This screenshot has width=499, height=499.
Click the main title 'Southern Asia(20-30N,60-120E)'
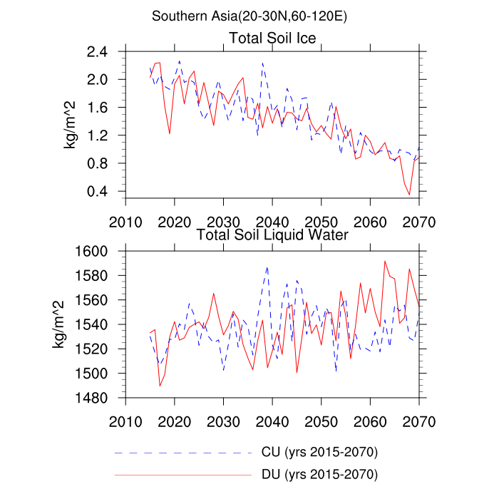(x=249, y=16)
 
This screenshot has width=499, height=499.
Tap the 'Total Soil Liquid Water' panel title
(x=272, y=235)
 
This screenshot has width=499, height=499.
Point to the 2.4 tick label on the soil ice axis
(x=100, y=52)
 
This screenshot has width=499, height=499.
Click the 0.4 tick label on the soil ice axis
(x=100, y=192)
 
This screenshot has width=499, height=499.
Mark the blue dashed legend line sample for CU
(x=183, y=453)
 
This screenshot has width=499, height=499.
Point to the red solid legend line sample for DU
(x=183, y=474)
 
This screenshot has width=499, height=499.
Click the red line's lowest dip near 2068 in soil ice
(x=409, y=195)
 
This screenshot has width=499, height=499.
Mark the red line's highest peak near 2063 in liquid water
(x=385, y=261)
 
